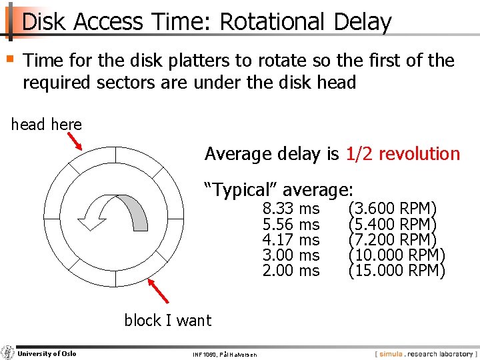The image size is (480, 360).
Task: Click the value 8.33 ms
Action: (x=291, y=209)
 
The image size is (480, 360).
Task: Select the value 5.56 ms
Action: (x=291, y=225)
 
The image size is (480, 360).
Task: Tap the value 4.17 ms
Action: (x=291, y=240)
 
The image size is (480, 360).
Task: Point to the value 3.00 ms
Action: (x=291, y=255)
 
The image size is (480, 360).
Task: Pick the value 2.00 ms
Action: (x=291, y=271)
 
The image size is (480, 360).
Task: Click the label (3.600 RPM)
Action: (x=392, y=209)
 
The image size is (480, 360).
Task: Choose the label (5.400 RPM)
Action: (x=392, y=225)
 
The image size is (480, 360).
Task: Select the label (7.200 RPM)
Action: (x=392, y=240)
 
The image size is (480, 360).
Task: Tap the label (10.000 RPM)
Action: (x=396, y=255)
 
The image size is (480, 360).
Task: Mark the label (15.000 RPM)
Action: (x=396, y=271)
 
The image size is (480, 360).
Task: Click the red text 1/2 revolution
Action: (x=403, y=154)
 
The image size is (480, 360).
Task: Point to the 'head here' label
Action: (x=47, y=125)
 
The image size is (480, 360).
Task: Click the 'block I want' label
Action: (x=167, y=321)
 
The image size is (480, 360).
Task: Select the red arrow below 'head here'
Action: (x=75, y=141)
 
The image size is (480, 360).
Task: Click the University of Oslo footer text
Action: (x=47, y=353)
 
